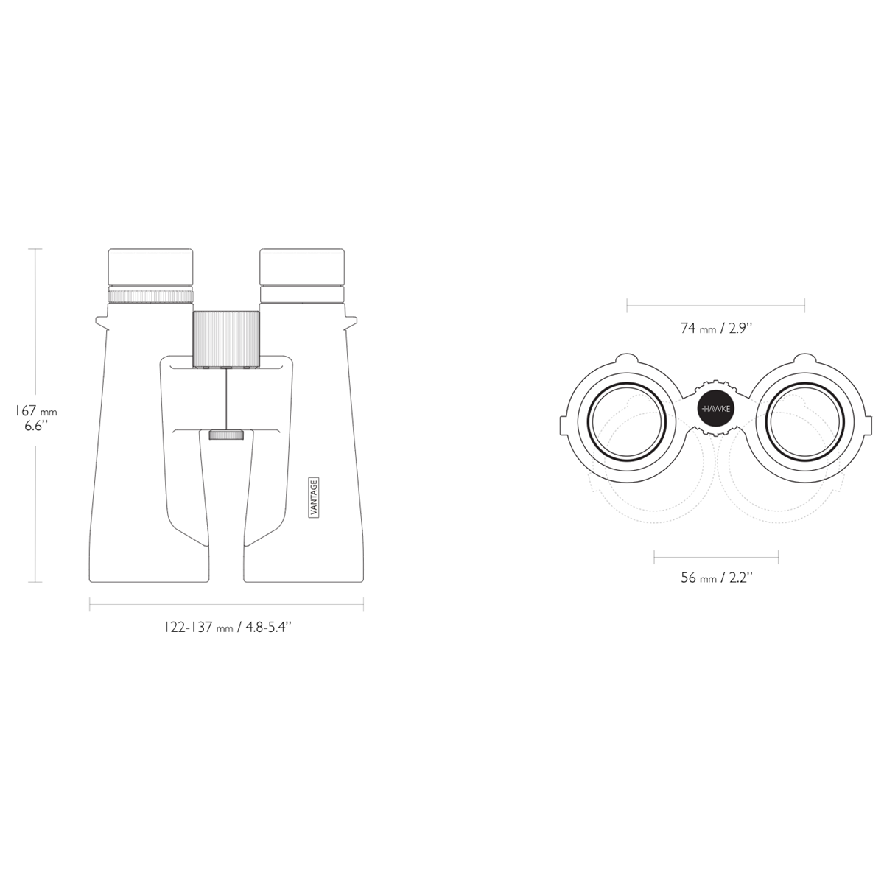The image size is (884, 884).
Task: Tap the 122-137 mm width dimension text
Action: (x=228, y=627)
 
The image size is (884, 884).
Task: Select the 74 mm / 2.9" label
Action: (x=715, y=328)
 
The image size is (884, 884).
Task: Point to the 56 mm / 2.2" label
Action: (x=716, y=578)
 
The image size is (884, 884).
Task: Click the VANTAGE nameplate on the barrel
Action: (x=314, y=498)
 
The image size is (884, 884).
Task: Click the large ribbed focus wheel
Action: (x=227, y=339)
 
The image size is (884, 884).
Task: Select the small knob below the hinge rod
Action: (x=226, y=435)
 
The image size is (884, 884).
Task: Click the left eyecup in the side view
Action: (x=150, y=267)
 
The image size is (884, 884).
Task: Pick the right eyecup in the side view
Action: (x=302, y=267)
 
